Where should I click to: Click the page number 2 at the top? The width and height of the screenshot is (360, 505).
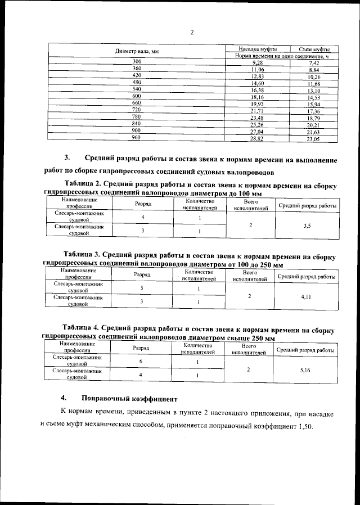[x=192, y=32]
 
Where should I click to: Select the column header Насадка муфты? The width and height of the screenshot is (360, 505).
[x=257, y=49]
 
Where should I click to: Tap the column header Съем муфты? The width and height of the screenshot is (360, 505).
[x=314, y=49]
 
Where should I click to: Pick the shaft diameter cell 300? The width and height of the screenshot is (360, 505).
[x=137, y=61]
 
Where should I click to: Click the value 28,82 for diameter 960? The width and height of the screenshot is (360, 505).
[x=257, y=138]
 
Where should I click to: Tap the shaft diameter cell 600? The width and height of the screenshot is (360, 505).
[x=136, y=96]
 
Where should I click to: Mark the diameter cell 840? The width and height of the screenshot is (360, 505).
[x=136, y=123]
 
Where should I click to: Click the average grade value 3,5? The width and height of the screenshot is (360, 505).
[x=307, y=226]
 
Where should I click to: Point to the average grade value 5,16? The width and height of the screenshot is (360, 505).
[x=307, y=369]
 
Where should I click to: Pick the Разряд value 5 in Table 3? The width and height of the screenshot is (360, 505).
[x=142, y=288]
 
